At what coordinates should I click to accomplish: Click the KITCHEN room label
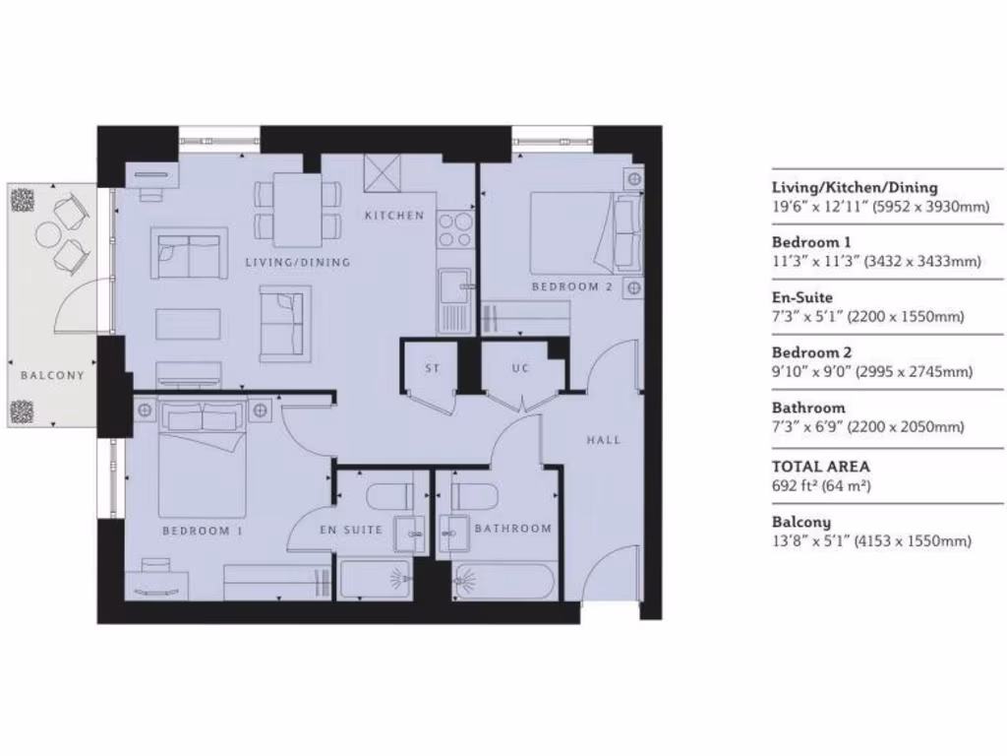coord(393,216)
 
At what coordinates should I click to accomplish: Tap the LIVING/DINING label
coord(297,263)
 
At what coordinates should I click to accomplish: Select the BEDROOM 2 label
coord(571,287)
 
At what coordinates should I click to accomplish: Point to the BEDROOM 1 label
coord(203,531)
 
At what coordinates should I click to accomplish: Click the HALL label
coord(603,440)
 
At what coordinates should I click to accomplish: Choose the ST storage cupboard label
coord(432,369)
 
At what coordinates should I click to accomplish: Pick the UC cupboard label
coord(520,369)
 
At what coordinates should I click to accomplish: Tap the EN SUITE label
coord(350,530)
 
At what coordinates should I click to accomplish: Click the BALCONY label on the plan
coord(52,375)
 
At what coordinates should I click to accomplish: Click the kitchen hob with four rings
coord(454,230)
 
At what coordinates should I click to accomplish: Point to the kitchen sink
coord(454,286)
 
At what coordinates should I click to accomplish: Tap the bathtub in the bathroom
coord(503,581)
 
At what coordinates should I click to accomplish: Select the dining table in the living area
coord(298,210)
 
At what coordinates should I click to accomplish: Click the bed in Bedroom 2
coord(571,231)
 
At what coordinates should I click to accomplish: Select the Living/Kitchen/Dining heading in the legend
coord(855,187)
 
